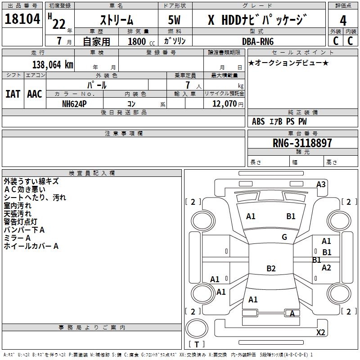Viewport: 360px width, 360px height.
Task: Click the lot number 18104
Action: click(22, 20)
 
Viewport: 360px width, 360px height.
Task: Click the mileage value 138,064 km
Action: click(53, 64)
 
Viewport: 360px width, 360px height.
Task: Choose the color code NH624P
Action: click(75, 103)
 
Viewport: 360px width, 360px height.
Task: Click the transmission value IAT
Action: click(13, 94)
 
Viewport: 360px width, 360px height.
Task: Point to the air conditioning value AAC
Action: click(35, 94)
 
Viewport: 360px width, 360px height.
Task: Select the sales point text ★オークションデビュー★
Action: click(288, 63)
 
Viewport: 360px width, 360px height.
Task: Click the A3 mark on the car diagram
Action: click(321, 184)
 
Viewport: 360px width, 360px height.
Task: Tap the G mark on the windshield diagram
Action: click(284, 237)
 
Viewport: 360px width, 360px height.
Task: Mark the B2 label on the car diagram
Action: click(271, 269)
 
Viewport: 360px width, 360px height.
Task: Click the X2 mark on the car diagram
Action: click(320, 333)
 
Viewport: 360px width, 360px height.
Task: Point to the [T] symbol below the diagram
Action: click(196, 345)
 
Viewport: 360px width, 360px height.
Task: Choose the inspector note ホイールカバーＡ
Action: click(31, 246)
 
